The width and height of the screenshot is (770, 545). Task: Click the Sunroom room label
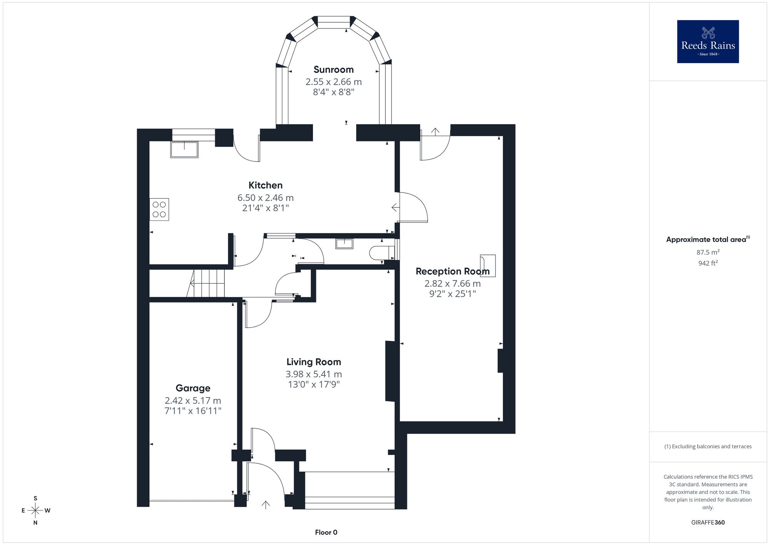pyautogui.click(x=333, y=69)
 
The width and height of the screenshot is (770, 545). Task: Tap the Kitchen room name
pyautogui.click(x=265, y=185)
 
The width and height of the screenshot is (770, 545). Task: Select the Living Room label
pyautogui.click(x=314, y=362)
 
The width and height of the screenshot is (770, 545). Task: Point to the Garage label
pyautogui.click(x=193, y=388)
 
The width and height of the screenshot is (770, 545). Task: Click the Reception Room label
pyautogui.click(x=452, y=271)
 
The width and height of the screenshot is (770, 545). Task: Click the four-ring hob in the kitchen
pyautogui.click(x=159, y=209)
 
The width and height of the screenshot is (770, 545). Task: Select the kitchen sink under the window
pyautogui.click(x=184, y=150)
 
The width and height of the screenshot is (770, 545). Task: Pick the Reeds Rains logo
pyautogui.click(x=708, y=42)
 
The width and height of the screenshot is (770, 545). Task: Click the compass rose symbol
pyautogui.click(x=35, y=511)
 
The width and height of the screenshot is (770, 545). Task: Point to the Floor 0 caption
pyautogui.click(x=326, y=532)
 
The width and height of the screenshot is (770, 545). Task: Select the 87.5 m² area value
pyautogui.click(x=708, y=252)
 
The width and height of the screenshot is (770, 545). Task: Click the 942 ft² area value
pyautogui.click(x=708, y=263)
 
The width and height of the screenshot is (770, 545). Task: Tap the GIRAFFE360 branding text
pyautogui.click(x=708, y=523)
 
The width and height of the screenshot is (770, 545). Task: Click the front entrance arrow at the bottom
pyautogui.click(x=266, y=505)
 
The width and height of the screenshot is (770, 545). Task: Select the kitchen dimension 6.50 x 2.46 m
pyautogui.click(x=265, y=198)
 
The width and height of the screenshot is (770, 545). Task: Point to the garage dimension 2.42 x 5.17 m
pyautogui.click(x=193, y=400)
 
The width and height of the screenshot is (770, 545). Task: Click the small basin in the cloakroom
pyautogui.click(x=344, y=244)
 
